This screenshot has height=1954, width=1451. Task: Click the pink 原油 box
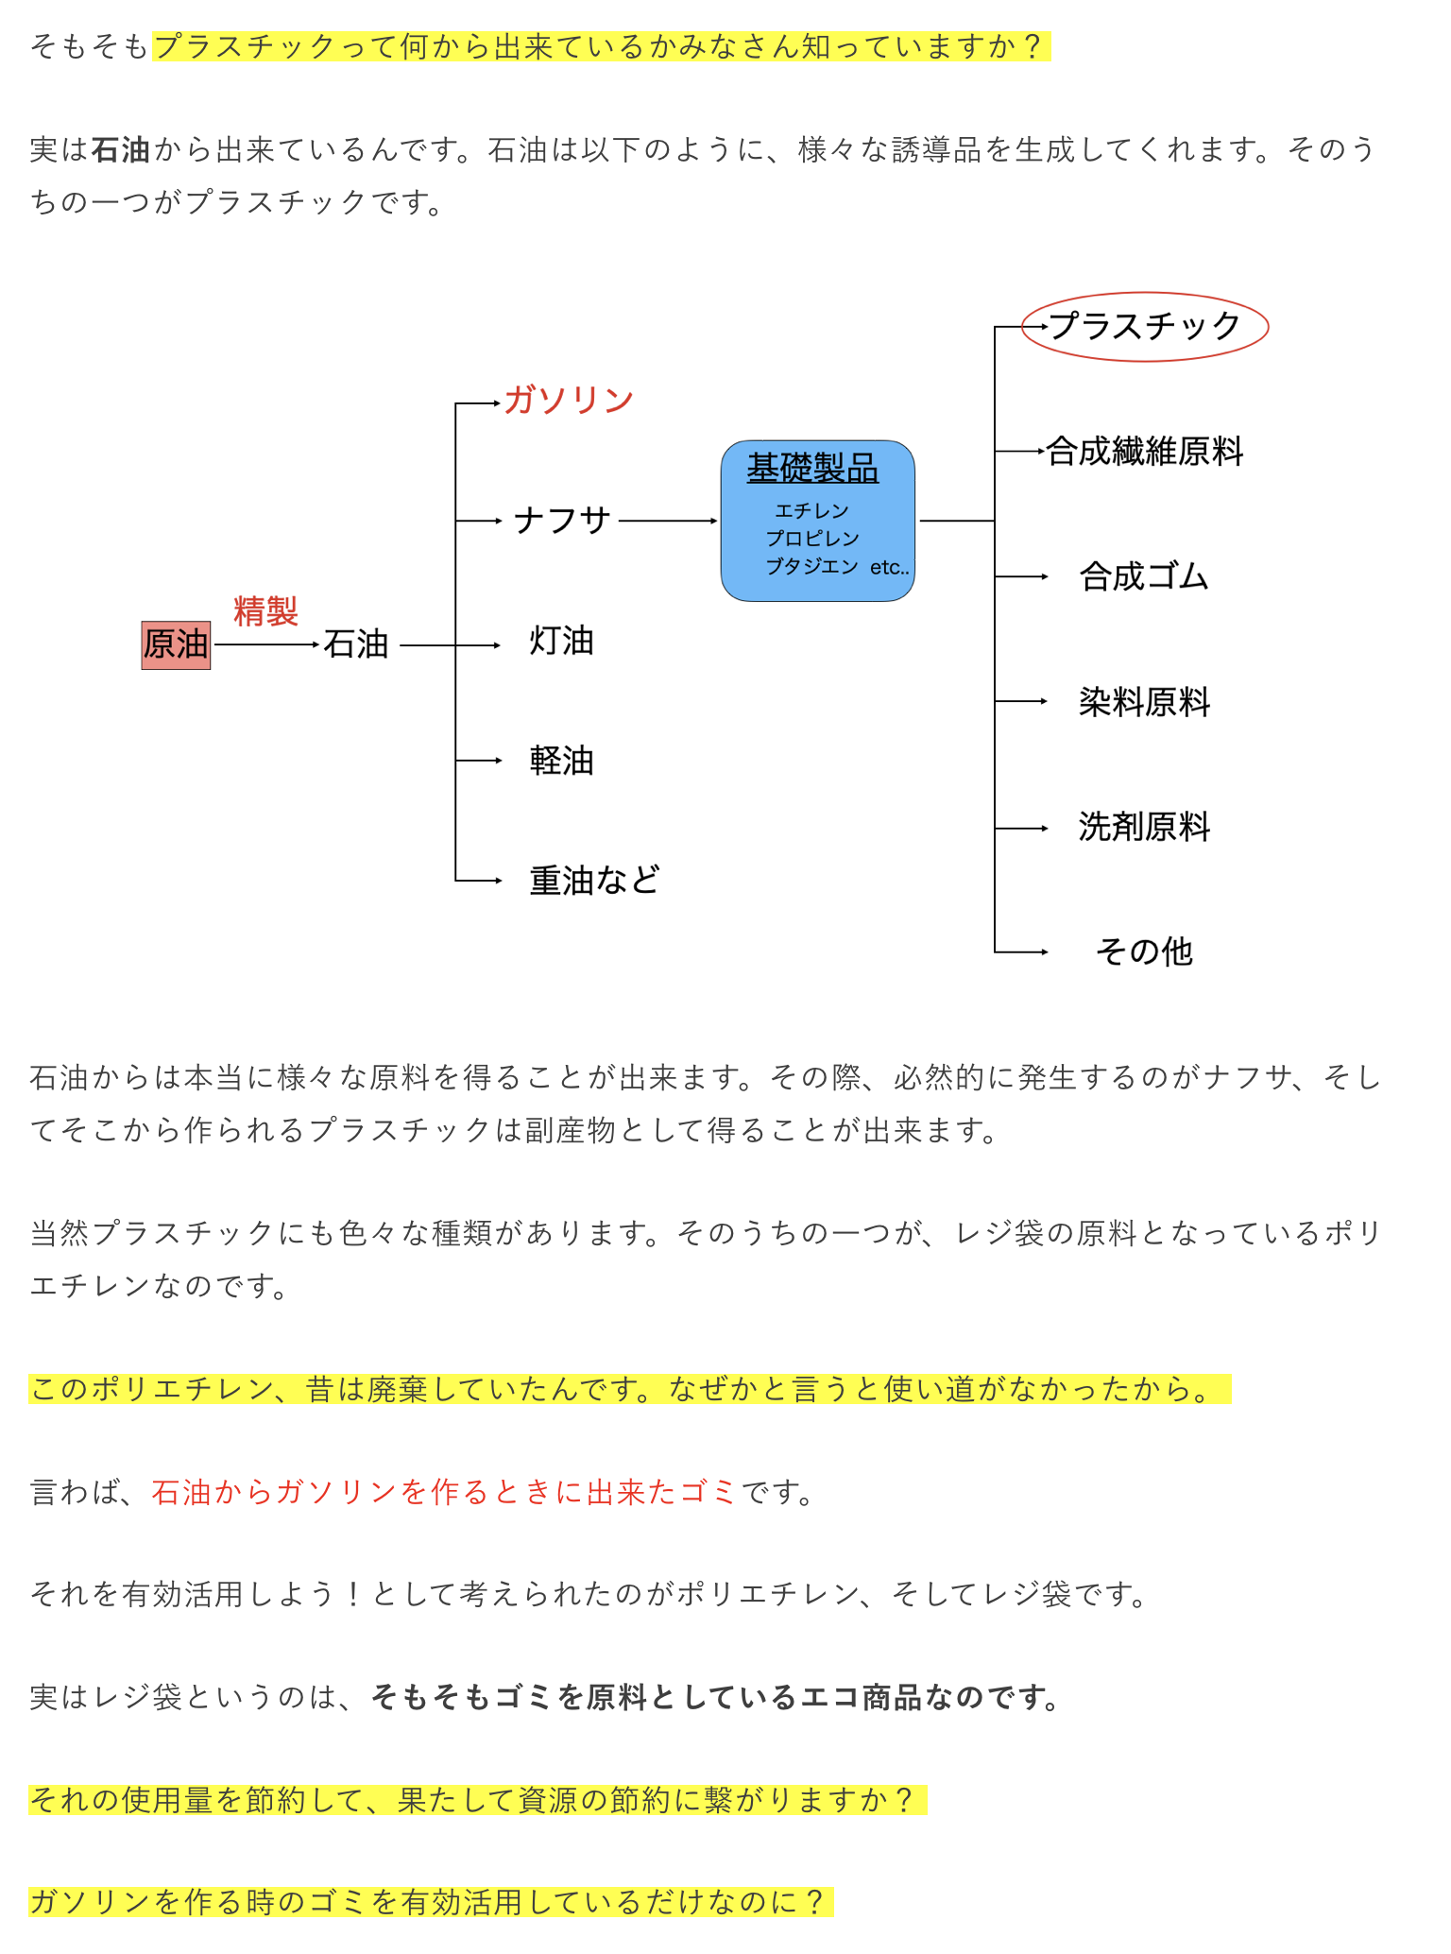pos(176,644)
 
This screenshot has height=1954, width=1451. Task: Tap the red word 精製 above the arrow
pos(265,611)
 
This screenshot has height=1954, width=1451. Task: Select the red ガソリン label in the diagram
pos(569,400)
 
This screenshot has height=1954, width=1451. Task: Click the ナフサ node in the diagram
pos(563,520)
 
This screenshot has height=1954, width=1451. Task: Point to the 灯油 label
pos(562,641)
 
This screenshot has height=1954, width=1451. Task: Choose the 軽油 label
pos(562,760)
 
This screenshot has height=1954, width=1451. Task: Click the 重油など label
pos(595,880)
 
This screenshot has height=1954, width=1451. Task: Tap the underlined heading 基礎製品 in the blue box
pos(812,468)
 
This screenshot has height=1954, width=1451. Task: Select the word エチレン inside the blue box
pos(812,510)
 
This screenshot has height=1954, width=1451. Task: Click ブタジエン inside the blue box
pos(812,566)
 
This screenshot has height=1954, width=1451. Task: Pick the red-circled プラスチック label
pos(1145,326)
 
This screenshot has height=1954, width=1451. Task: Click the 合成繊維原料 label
pos(1145,451)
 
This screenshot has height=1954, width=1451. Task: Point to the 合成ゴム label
pos(1145,575)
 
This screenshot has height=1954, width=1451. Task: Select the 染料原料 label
pos(1145,701)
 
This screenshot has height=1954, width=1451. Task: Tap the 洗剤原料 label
pos(1145,827)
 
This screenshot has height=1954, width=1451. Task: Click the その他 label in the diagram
pos(1145,951)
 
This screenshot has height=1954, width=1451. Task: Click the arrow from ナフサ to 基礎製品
pos(669,521)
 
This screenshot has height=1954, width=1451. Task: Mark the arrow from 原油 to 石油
pos(267,644)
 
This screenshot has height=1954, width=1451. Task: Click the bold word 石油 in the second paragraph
pos(121,150)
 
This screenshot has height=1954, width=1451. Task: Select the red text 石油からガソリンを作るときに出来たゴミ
pos(444,1492)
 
